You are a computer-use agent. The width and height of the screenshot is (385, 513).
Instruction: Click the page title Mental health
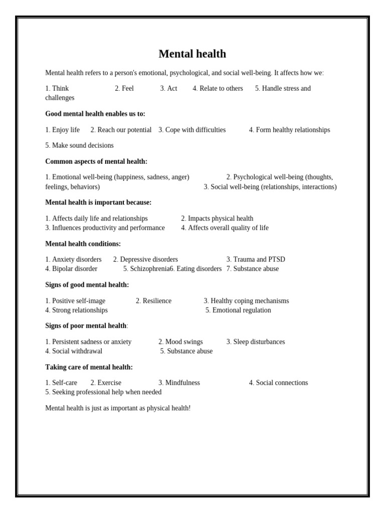pos(192,54)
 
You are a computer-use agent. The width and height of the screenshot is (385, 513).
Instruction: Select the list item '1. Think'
pos(57,89)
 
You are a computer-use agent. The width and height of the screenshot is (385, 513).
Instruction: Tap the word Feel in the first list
pos(127,89)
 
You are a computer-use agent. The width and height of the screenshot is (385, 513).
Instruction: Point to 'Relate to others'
pos(221,89)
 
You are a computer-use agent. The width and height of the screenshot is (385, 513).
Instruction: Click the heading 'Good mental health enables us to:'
pos(95,114)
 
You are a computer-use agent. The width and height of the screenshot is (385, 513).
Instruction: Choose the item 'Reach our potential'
pos(124,130)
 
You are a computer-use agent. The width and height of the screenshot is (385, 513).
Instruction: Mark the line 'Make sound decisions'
pos(83,145)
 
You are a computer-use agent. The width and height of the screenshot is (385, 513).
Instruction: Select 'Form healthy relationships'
pos(293,130)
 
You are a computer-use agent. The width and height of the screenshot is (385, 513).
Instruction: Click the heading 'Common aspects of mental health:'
pos(96,161)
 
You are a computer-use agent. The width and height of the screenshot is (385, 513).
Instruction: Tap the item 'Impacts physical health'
pos(220,218)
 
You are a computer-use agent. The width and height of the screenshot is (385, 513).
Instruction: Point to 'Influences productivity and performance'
pos(108,228)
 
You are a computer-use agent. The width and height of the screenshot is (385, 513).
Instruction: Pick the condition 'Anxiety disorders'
pos(77,260)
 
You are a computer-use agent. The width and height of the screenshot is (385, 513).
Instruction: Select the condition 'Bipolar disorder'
pos(75,269)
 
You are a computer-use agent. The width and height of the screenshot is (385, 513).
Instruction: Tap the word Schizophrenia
pos(149,269)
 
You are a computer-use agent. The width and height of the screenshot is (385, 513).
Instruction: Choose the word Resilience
pos(157,301)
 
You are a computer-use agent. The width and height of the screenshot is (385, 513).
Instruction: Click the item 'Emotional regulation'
pos(241,310)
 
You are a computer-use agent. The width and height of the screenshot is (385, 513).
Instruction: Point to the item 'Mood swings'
pos(184,342)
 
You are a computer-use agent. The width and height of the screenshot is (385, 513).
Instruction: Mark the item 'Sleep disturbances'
pos(259,342)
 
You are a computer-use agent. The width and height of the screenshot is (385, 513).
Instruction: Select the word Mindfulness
pos(182,383)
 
